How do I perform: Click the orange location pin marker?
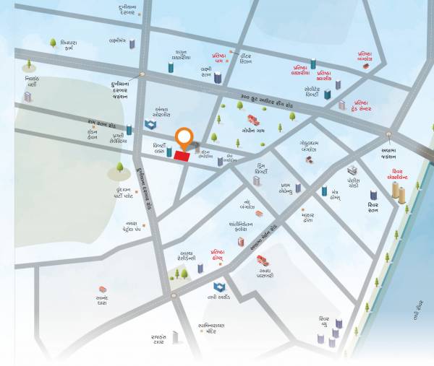(x=185, y=138)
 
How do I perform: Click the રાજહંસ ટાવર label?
(x=159, y=339)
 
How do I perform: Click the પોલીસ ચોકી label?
(x=354, y=182)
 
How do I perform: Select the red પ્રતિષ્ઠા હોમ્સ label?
(x=221, y=255)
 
